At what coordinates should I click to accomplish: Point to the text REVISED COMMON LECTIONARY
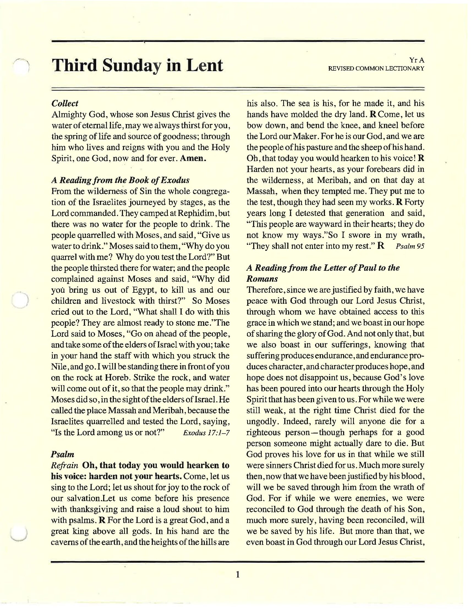pos(376,68)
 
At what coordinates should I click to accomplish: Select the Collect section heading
pos(65,103)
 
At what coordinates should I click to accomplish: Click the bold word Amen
pos(193,158)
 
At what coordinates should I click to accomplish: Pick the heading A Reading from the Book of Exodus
pos(120,180)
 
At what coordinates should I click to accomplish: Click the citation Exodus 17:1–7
pos(206,433)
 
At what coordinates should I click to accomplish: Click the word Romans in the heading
pos(262,279)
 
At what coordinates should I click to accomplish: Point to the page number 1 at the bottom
pos(237,574)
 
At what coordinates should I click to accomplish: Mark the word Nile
pos(59,367)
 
